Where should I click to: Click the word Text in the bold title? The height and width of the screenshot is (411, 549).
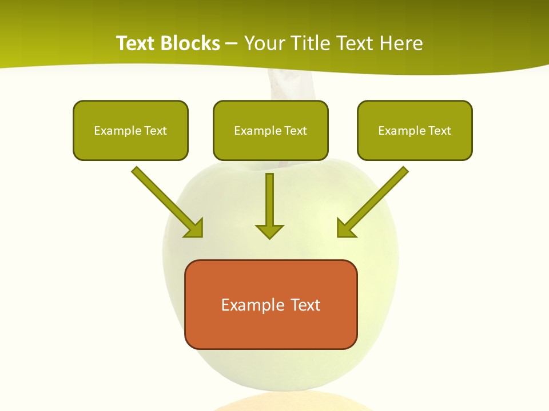136,43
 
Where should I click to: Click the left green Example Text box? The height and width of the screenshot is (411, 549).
130,130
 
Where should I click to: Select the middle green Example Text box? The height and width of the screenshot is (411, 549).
270,130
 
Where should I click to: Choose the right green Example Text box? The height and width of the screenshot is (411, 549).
415,130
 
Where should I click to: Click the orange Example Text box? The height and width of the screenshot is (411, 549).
270,304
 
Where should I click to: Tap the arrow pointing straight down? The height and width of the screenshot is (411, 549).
269,205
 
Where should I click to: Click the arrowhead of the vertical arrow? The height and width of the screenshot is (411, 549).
269,231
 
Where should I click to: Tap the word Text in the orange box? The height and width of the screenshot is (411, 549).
305,305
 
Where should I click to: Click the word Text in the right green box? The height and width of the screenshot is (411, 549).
439,131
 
